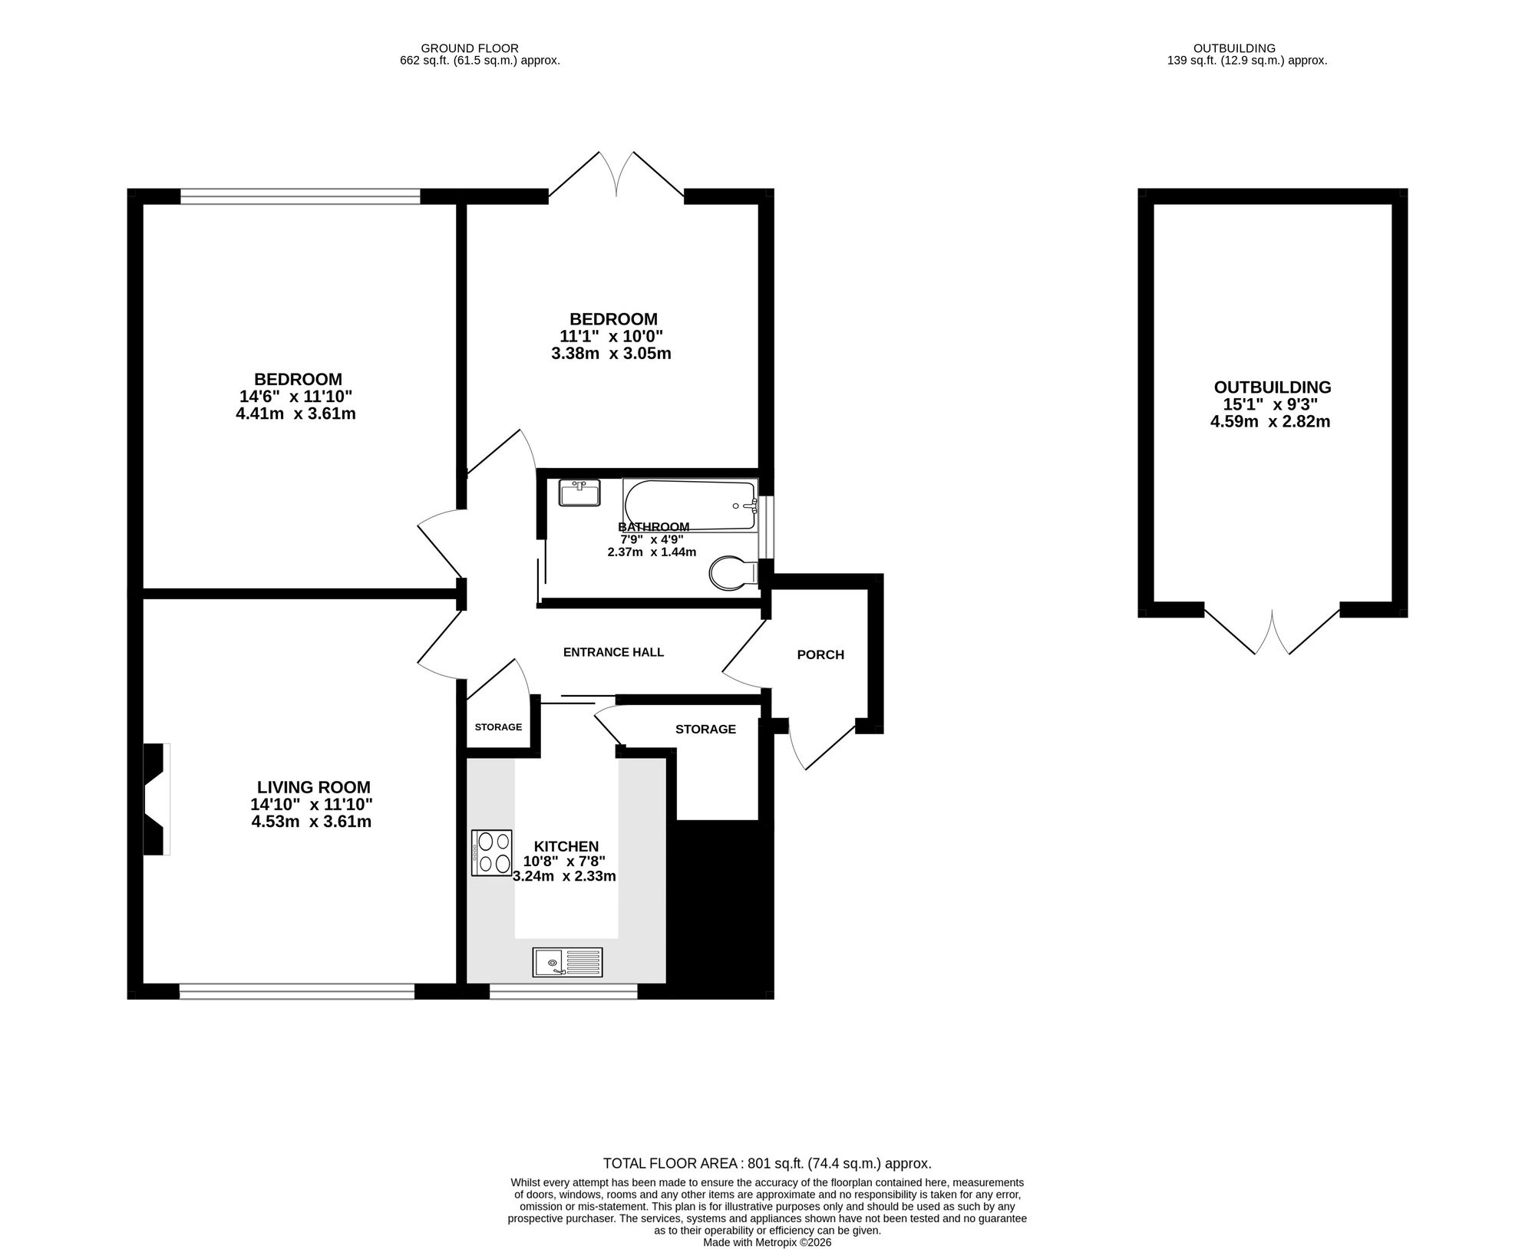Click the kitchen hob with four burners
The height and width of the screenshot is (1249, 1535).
tap(492, 853)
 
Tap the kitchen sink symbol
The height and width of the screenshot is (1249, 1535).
tap(568, 963)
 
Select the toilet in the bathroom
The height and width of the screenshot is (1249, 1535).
tap(734, 573)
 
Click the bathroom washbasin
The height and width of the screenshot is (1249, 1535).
tap(579, 493)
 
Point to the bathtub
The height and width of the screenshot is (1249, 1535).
tap(690, 505)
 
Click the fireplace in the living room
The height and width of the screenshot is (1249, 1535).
tap(157, 799)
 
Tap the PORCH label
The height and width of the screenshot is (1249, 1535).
tap(820, 654)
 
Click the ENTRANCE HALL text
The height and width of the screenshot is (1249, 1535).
tap(613, 652)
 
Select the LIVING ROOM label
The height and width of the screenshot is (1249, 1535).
tap(313, 787)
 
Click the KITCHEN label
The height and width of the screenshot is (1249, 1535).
tap(566, 846)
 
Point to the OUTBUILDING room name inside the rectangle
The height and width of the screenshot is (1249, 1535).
tap(1273, 387)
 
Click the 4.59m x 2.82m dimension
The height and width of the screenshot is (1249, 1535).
tap(1270, 422)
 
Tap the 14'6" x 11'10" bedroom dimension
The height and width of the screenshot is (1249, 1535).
tap(295, 397)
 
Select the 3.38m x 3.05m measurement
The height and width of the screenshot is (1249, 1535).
tap(611, 354)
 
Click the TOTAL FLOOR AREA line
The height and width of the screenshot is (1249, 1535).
tap(767, 1163)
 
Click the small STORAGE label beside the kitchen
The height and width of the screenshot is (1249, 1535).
tap(498, 727)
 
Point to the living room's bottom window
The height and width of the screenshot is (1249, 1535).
tap(297, 991)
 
